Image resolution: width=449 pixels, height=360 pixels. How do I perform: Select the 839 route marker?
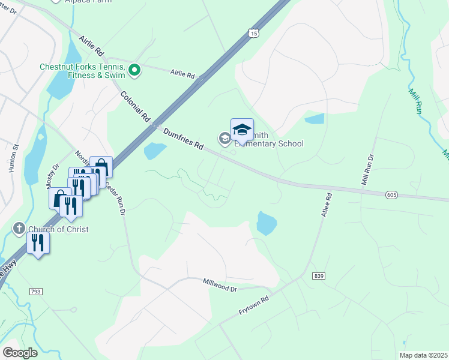point(318,275)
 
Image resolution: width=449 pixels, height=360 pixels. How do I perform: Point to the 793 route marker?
point(35,292)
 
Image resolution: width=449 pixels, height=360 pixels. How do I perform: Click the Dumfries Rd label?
point(184,137)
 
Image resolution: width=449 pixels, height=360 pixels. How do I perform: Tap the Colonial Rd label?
point(134,107)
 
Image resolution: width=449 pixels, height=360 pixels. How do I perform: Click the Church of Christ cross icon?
point(19,229)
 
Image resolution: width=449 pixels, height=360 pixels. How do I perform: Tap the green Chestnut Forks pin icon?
point(134,71)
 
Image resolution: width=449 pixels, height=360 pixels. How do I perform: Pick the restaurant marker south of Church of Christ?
point(38,243)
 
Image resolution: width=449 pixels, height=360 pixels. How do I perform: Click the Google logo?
point(20,353)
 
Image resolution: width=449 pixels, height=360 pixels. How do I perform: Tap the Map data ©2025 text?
point(423,355)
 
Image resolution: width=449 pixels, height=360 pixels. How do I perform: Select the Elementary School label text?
point(268,144)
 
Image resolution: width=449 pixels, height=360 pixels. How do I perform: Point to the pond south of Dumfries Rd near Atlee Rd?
point(267,223)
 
